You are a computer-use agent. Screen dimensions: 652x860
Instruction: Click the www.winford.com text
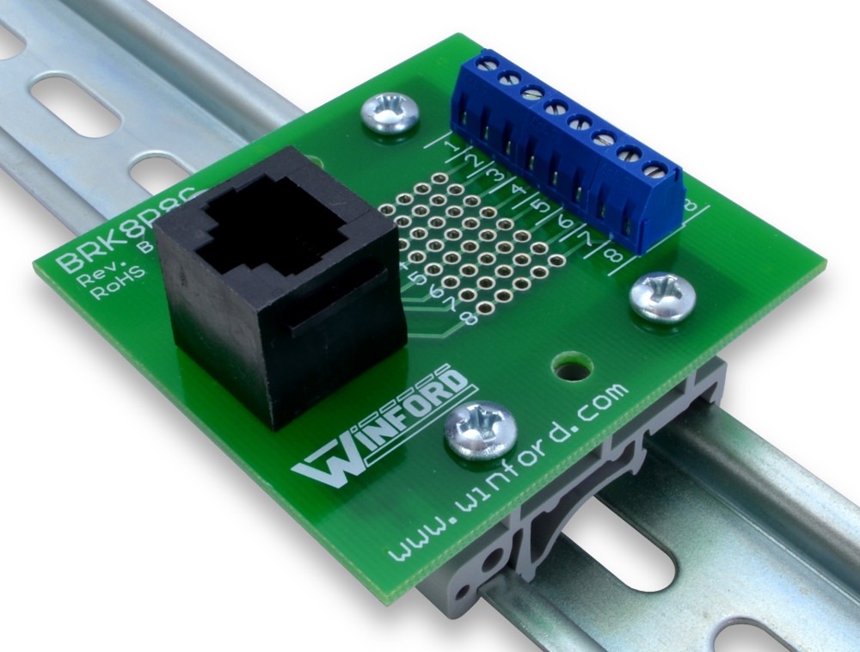507,471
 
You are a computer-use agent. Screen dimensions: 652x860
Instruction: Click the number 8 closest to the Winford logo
470,319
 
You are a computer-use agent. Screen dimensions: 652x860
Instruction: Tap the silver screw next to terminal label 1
390,114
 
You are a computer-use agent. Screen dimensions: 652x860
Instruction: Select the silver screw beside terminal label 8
662,297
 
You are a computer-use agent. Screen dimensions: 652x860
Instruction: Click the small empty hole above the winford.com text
570,371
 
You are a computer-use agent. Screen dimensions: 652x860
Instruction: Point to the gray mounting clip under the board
550,516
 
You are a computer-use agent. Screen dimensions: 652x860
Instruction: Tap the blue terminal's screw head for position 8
654,171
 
